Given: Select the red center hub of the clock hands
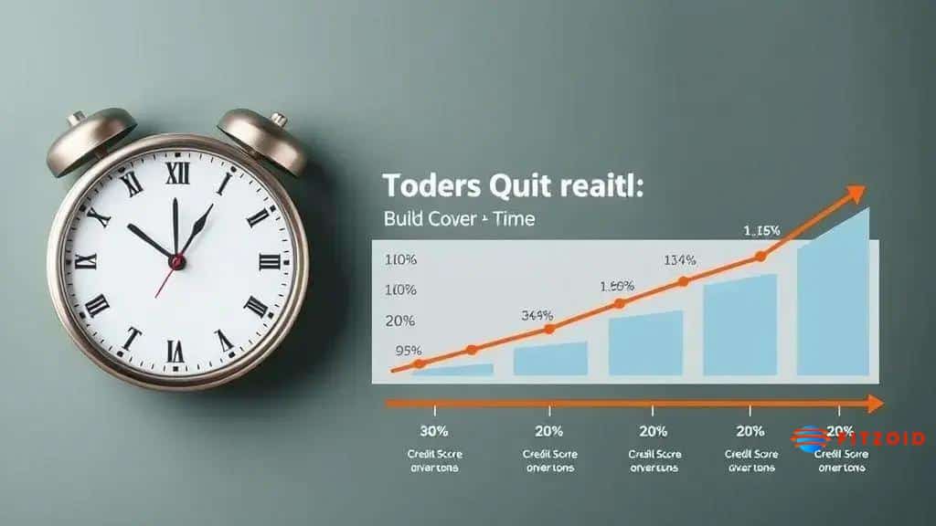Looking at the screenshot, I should coord(177,262).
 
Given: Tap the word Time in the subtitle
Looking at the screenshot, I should coord(514,219).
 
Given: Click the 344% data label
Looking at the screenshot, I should coord(536,315).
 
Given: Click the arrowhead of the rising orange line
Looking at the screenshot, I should coord(856,193).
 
